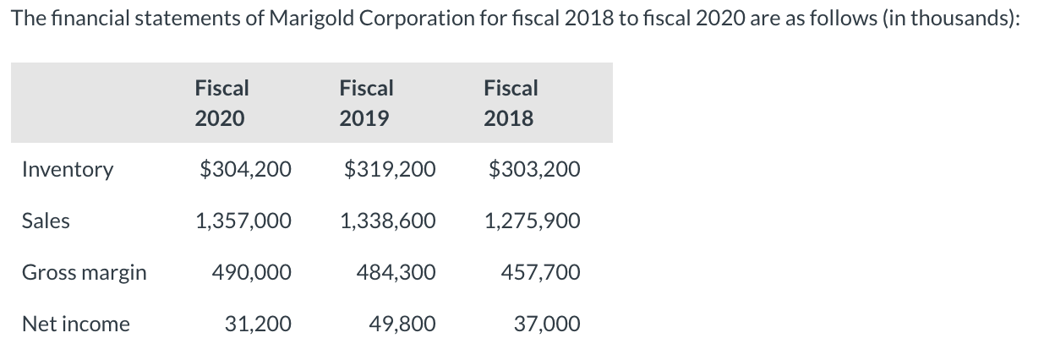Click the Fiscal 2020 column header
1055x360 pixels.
pos(221,103)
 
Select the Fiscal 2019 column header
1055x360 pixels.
pos(366,103)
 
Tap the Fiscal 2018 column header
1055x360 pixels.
pos(511,103)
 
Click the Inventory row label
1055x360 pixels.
pos(67,170)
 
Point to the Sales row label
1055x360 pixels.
pos(46,221)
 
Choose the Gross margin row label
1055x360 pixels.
pos(84,273)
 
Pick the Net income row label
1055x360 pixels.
pos(75,325)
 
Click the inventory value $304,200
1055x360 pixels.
pos(245,170)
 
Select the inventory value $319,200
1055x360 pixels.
pos(391,170)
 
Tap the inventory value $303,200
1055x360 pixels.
pos(535,170)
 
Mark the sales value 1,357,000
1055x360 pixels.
pos(243,221)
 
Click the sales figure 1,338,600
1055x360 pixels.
pos(388,221)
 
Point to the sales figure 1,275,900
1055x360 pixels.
pos(533,221)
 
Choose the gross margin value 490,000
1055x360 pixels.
pos(252,273)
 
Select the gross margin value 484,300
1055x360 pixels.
pos(396,273)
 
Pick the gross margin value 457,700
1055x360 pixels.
pos(541,273)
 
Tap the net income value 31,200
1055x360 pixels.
pos(259,325)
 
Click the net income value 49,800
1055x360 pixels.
pos(403,325)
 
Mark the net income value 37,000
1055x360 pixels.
pos(548,325)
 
